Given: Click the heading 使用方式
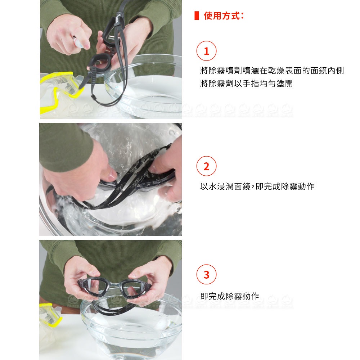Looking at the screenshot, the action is [221, 16].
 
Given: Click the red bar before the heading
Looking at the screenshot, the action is [197, 15].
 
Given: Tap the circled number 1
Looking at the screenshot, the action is [206, 51].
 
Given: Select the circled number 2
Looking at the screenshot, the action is [206, 166].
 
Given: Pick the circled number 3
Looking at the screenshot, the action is [206, 274].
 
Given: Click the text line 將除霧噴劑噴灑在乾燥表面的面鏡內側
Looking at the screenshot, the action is [272, 71].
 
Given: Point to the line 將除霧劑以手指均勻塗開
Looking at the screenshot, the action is [246, 84].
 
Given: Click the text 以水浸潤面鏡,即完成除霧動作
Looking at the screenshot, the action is [257, 186].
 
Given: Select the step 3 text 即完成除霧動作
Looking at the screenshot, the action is [230, 296].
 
